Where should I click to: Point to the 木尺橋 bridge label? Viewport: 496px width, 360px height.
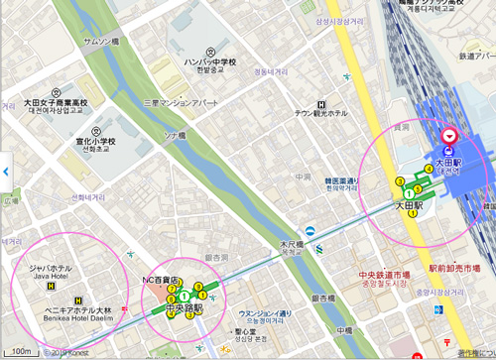coord(291,244)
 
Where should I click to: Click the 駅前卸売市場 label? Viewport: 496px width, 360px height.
coord(461,269)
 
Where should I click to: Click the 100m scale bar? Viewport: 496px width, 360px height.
coord(20,351)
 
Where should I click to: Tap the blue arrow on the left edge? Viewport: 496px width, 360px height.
coord(5,172)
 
